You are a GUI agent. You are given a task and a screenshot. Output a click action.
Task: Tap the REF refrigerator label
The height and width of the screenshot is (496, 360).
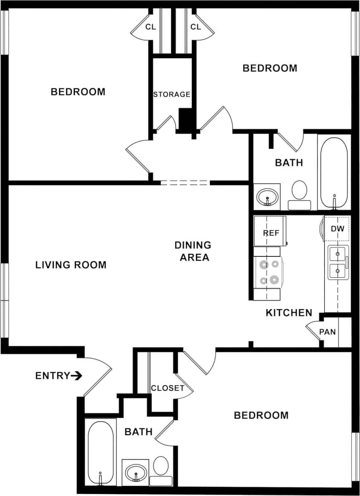(x=271, y=233)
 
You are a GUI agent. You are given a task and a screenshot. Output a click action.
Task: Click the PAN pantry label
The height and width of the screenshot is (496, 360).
(x=327, y=332)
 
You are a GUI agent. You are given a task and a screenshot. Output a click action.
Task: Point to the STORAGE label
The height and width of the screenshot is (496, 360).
(x=171, y=94)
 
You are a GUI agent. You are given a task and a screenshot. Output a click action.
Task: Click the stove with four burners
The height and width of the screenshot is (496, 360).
(x=268, y=272)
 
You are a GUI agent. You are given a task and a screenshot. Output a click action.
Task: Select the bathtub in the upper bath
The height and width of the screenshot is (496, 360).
(x=334, y=173)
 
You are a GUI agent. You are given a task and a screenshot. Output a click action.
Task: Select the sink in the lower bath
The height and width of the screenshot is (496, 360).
(x=136, y=472)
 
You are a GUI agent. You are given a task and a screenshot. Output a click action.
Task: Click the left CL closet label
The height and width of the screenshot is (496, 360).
(x=151, y=27)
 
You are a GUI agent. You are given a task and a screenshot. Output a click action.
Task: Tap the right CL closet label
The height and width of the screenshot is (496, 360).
(x=195, y=27)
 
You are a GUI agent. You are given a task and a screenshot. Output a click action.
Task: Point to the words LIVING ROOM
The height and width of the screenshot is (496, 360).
(x=71, y=265)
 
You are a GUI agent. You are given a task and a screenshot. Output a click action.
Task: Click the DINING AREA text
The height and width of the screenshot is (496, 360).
(x=193, y=251)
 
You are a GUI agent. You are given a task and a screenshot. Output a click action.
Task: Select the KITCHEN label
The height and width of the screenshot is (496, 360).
(x=289, y=313)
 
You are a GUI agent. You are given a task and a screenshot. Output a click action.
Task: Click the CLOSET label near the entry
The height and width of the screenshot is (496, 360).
(x=167, y=388)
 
